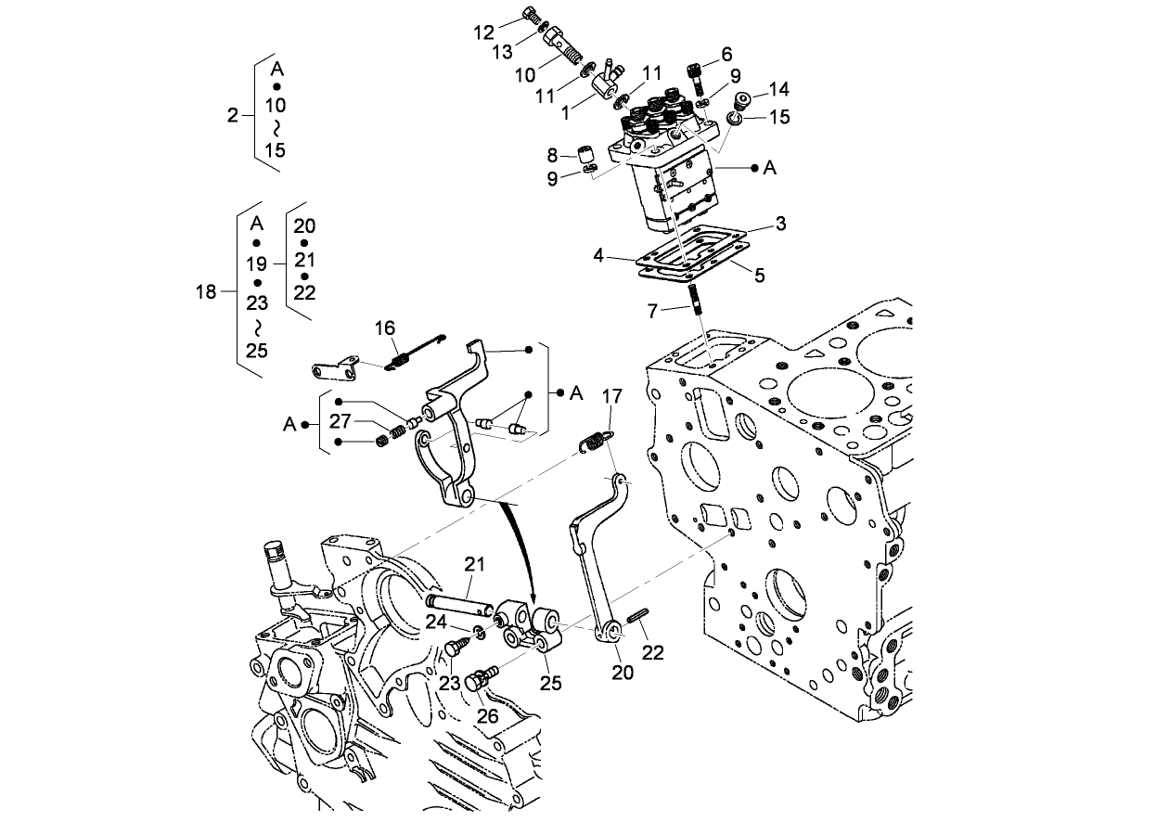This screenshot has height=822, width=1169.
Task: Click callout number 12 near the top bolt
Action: (483, 32)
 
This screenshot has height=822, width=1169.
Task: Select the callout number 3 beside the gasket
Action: (781, 224)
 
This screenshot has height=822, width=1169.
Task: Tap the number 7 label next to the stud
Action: (652, 311)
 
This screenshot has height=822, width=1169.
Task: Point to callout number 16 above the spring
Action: (385, 328)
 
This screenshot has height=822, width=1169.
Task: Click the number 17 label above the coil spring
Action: (611, 396)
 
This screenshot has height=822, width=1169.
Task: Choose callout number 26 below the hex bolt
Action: (488, 715)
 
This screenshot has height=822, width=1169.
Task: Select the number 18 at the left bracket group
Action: (206, 292)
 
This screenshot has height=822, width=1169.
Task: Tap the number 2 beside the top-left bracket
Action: (233, 115)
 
